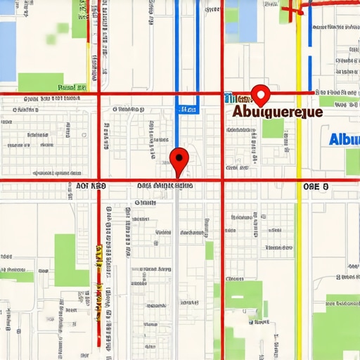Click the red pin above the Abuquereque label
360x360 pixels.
(261, 94)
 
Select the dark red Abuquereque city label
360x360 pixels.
(277, 112)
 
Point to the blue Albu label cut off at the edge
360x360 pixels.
(345, 139)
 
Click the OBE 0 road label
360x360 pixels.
(316, 186)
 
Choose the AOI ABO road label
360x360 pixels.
(86, 186)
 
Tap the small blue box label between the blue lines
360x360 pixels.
(187, 110)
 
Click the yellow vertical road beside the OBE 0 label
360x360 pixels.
(298, 211)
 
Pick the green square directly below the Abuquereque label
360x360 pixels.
(273, 128)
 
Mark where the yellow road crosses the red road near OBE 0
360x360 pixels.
(298, 181)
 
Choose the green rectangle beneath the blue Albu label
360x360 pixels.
(352, 161)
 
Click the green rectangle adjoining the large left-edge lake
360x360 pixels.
(40, 82)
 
